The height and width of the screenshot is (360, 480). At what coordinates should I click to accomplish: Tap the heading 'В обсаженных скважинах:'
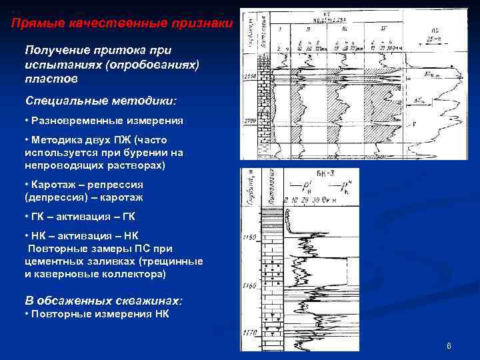tap(103, 301)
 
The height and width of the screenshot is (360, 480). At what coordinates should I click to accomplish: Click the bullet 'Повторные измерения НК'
tap(100, 314)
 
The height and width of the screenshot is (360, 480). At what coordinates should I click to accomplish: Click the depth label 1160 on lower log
tap(250, 285)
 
